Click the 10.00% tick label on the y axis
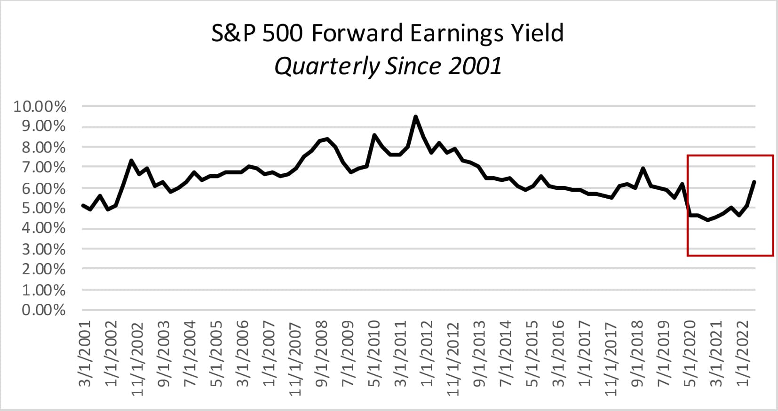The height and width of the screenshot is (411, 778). [x=40, y=107]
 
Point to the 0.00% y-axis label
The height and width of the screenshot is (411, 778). [x=43, y=310]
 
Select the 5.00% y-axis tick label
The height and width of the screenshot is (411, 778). [x=43, y=208]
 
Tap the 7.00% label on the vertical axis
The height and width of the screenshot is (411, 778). [x=43, y=167]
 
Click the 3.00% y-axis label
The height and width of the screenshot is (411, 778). [x=43, y=248]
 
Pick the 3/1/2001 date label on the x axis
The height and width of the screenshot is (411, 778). [x=84, y=354]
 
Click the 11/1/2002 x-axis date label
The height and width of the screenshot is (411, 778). [x=137, y=358]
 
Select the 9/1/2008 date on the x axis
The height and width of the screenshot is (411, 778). [x=321, y=354]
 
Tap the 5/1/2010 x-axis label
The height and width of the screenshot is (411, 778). [x=374, y=354]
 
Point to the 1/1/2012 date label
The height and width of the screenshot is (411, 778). [x=427, y=354]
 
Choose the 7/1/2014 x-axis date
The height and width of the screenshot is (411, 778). [x=505, y=354]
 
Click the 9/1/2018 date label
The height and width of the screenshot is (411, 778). [x=637, y=354]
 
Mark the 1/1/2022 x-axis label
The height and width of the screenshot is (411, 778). [x=742, y=354]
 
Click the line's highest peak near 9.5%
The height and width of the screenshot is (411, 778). [x=415, y=116]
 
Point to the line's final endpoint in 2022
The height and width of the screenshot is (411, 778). [x=754, y=182]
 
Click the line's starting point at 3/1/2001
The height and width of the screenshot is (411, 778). [x=83, y=205]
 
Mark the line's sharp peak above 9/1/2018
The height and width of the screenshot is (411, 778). [x=643, y=169]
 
